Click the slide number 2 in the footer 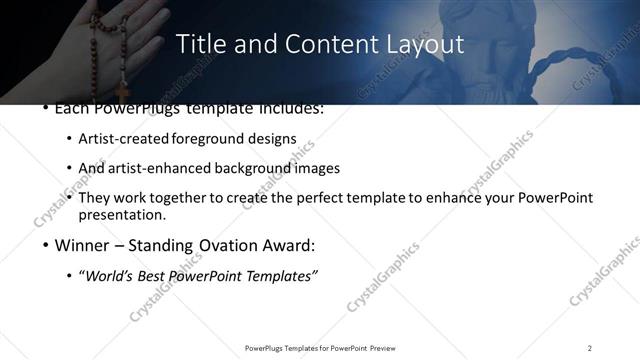590,348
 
